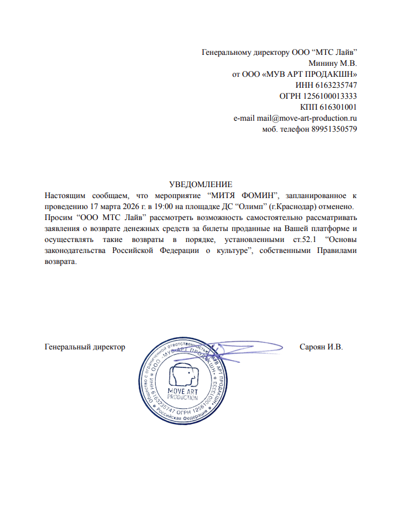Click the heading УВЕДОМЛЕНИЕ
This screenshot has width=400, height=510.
[x=200, y=184]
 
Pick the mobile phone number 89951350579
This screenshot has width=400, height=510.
[x=334, y=129]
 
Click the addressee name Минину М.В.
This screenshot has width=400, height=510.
[x=333, y=64]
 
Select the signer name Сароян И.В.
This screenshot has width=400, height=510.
[x=321, y=347]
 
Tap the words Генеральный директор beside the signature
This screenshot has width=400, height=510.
[x=85, y=347]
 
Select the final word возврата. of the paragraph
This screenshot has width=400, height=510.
[x=61, y=261]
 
